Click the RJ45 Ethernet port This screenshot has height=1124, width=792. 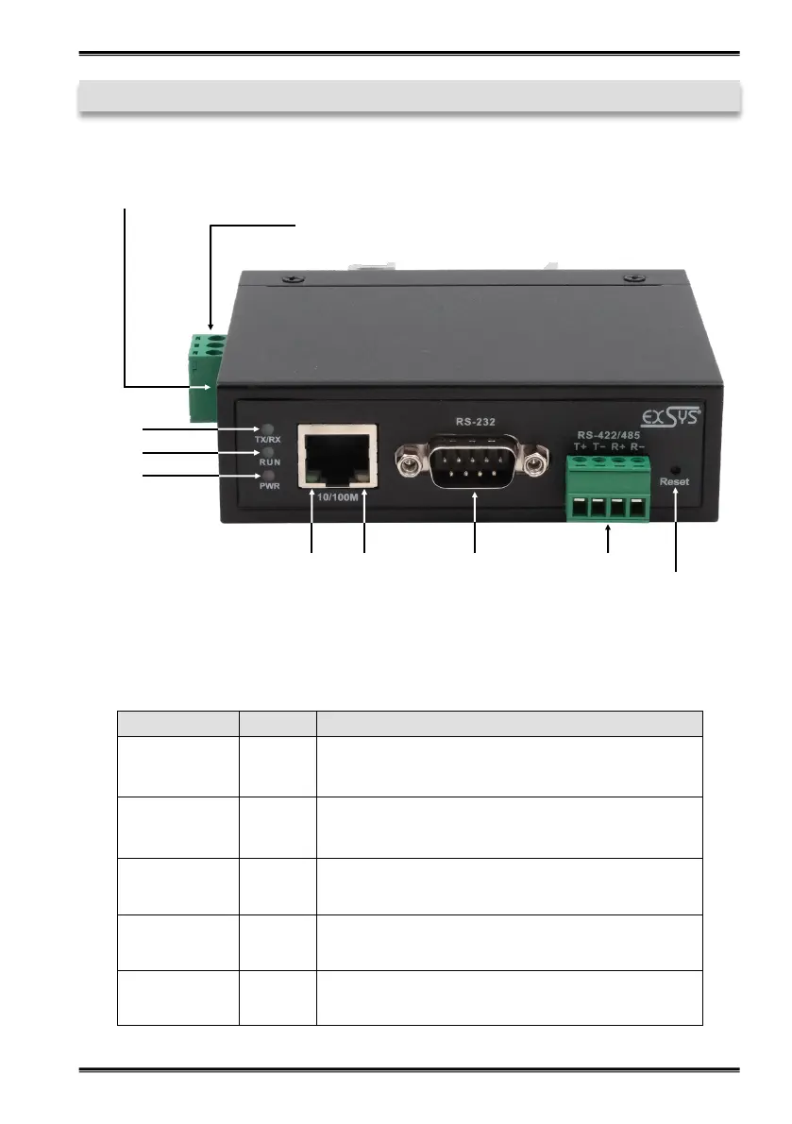click(338, 457)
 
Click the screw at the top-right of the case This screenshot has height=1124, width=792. click(630, 277)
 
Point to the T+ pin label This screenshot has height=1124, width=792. click(580, 447)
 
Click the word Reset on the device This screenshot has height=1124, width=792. click(675, 482)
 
